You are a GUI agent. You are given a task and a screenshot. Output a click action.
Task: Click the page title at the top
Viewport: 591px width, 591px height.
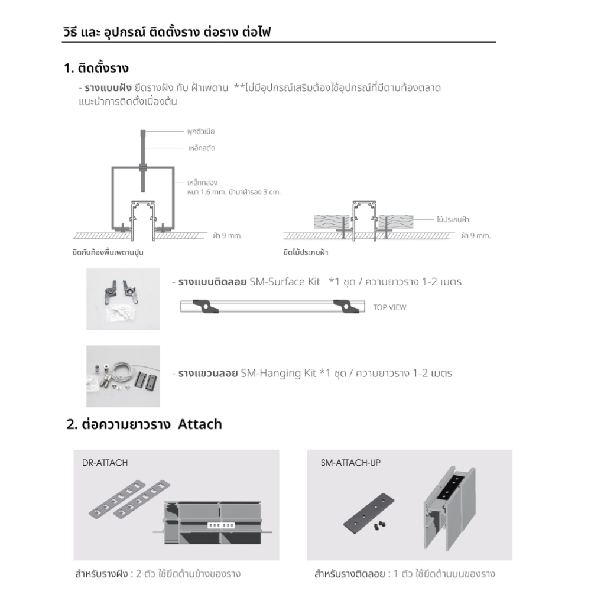coord(167,32)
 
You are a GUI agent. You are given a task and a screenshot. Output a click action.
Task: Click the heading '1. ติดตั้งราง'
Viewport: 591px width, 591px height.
coord(96,68)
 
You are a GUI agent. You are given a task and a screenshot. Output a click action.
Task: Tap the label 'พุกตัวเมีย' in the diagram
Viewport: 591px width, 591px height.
coord(201,132)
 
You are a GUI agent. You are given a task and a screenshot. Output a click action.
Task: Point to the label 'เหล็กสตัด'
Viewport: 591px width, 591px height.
coord(202,148)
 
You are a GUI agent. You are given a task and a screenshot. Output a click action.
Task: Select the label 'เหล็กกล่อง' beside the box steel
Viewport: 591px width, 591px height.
coord(202,183)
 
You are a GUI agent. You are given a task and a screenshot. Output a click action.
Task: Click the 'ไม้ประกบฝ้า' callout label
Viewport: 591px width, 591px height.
coord(453,219)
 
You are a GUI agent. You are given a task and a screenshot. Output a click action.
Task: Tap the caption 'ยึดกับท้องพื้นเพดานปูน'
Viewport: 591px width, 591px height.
coord(108,252)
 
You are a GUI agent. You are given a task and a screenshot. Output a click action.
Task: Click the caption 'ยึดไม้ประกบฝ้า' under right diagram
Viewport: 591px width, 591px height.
coord(306,252)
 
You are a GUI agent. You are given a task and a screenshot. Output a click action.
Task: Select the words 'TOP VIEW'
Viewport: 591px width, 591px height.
coord(389,307)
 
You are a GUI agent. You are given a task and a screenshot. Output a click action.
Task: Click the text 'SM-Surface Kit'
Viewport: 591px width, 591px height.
coord(285,281)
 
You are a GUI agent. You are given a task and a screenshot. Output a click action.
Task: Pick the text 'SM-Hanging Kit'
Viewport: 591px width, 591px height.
coord(278,373)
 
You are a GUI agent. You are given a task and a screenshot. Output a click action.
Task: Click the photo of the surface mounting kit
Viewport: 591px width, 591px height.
coord(123,299)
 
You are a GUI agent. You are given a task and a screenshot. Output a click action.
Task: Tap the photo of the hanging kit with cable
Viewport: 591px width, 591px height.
coord(123,376)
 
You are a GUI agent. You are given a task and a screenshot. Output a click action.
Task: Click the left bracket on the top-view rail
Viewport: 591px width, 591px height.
coord(206,306)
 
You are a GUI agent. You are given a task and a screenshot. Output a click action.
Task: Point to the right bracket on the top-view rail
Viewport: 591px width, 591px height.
coord(346,306)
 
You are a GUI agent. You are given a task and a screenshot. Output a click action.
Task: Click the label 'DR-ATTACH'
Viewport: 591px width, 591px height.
coord(105,463)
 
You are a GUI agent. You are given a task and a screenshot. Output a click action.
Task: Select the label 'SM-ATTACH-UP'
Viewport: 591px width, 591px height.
coord(350,463)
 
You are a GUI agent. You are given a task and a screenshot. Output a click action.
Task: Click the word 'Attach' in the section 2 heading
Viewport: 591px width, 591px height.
coord(200,424)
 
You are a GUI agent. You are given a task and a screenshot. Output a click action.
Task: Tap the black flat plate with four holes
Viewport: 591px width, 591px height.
coord(369,513)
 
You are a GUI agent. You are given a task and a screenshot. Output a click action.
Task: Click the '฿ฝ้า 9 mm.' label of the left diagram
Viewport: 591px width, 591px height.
coord(228,236)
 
